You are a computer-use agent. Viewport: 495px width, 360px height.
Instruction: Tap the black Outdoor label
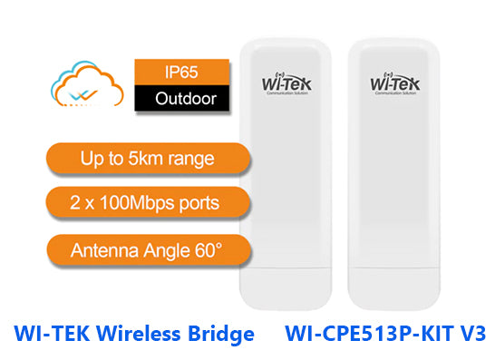click(178, 98)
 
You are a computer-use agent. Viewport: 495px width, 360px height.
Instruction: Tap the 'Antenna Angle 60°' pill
click(147, 246)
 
